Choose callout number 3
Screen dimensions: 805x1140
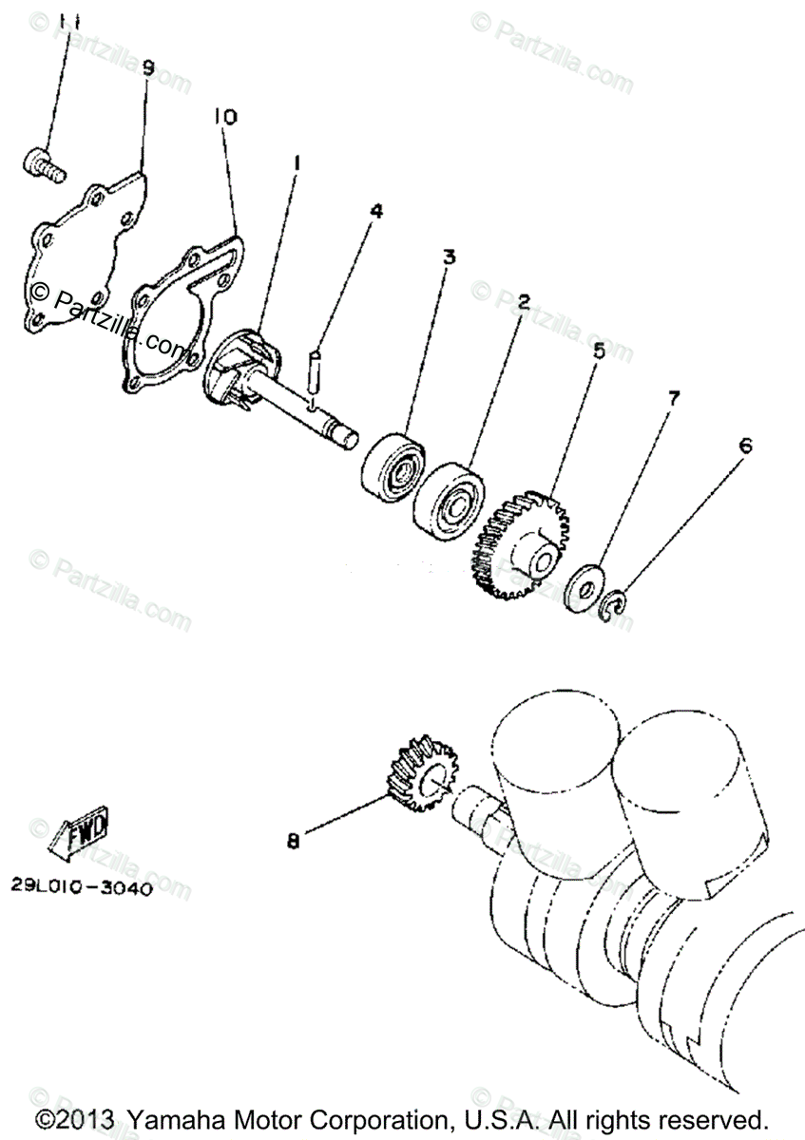(x=448, y=256)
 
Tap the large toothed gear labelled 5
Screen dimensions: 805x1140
(x=522, y=544)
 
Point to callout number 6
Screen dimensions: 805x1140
(x=744, y=445)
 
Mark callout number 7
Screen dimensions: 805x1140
(x=673, y=398)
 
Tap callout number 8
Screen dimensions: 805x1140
(x=293, y=840)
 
